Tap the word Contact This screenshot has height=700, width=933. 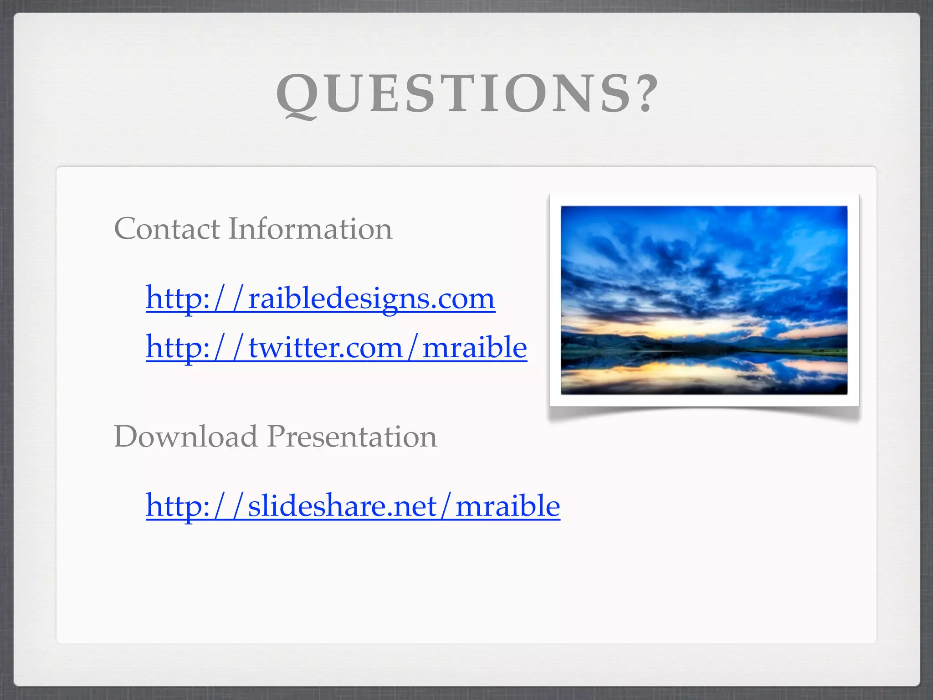(x=167, y=229)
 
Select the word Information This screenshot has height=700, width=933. (x=310, y=229)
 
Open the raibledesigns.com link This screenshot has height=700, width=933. (x=320, y=299)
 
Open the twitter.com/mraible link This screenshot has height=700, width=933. (x=336, y=348)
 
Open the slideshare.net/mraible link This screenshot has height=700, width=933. (x=353, y=506)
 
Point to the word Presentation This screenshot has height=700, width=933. (x=352, y=437)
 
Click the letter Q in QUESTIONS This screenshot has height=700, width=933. (x=297, y=95)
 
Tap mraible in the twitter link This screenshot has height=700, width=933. (x=475, y=348)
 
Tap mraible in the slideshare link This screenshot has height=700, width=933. (x=508, y=506)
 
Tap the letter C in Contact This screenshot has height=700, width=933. (x=126, y=229)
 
